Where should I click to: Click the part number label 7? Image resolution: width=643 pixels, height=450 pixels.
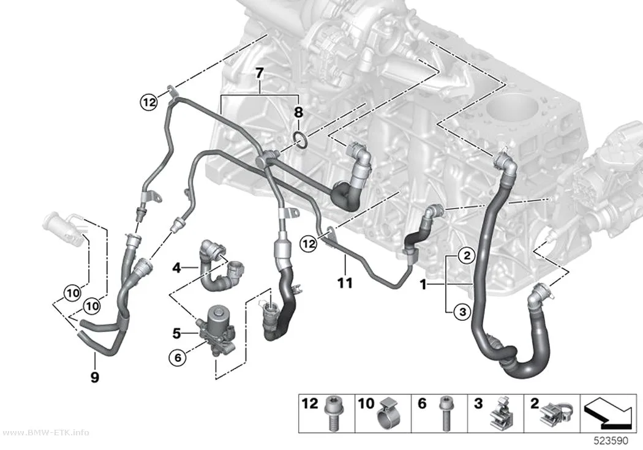259,73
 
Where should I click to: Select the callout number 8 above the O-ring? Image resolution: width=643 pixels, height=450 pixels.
299,111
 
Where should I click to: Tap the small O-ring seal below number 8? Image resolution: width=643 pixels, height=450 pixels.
301,140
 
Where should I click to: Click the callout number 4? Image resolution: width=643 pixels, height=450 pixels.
176,268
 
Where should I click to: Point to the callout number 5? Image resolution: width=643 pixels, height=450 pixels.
177,334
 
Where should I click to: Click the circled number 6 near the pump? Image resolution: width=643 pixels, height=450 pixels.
178,358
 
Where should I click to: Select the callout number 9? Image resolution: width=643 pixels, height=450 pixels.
95,377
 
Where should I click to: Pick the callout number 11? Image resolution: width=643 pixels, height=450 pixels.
345,283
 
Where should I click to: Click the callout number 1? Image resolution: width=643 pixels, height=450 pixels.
423,284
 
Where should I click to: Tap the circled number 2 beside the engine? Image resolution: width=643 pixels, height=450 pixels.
466,256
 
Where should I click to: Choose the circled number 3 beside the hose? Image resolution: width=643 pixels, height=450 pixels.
462,312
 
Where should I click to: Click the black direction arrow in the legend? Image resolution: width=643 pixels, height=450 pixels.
608,414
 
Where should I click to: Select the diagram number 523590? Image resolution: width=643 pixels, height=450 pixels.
611,441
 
